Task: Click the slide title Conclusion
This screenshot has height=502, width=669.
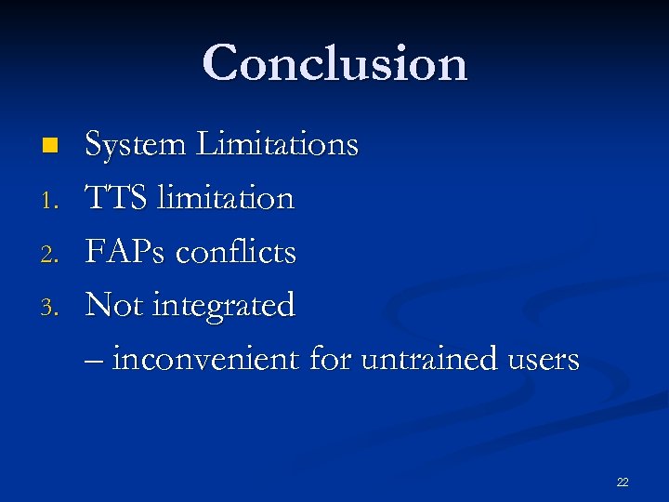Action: click(334, 63)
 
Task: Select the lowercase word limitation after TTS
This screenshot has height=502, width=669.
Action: click(226, 198)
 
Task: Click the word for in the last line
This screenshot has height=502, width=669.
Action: click(328, 359)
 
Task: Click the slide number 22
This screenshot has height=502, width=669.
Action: click(622, 482)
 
